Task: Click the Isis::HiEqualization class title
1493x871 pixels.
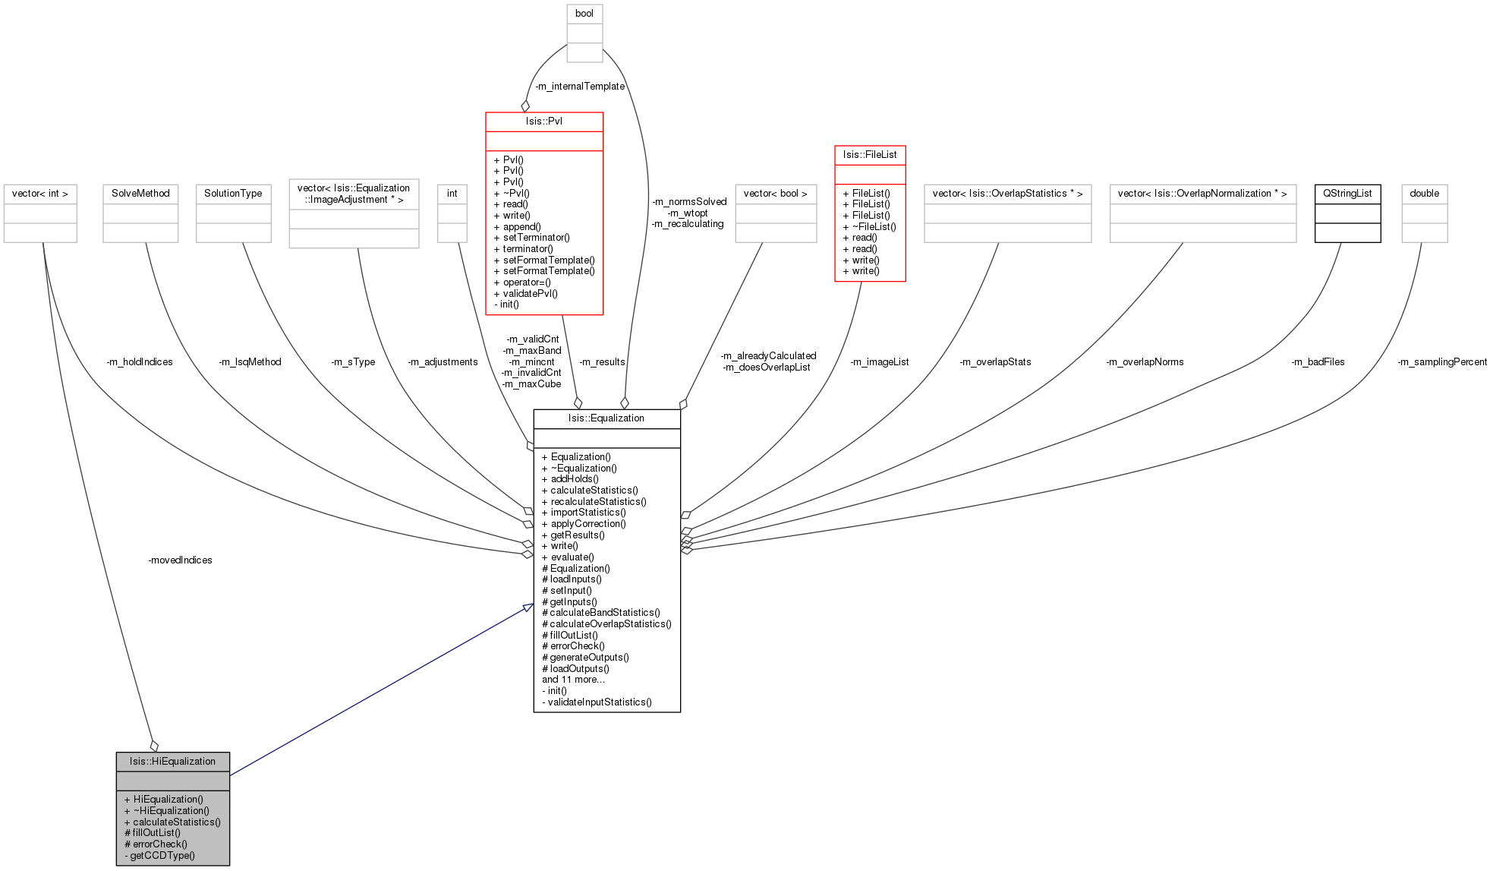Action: point(172,762)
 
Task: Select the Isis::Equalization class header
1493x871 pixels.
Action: point(606,418)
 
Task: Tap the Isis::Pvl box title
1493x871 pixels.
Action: point(544,121)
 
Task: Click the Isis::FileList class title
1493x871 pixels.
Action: point(870,155)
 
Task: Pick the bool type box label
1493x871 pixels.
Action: point(584,14)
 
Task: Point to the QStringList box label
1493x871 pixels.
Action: point(1347,194)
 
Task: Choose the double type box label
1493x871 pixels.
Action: point(1425,194)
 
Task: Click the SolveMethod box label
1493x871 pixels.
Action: point(140,194)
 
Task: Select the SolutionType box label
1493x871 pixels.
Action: point(233,194)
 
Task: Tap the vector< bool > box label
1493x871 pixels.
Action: point(776,194)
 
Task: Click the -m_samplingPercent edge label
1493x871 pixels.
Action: point(1442,362)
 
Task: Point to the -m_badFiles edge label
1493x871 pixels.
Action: point(1318,362)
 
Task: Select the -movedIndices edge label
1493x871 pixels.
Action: point(181,560)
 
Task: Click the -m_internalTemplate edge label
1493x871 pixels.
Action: point(580,87)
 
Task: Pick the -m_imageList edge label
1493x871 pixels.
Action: point(880,362)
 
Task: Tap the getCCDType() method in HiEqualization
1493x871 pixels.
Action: point(159,856)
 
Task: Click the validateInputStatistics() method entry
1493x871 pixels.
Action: point(597,702)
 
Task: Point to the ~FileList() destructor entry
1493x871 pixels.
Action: point(869,226)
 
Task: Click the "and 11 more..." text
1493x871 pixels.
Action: point(574,680)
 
